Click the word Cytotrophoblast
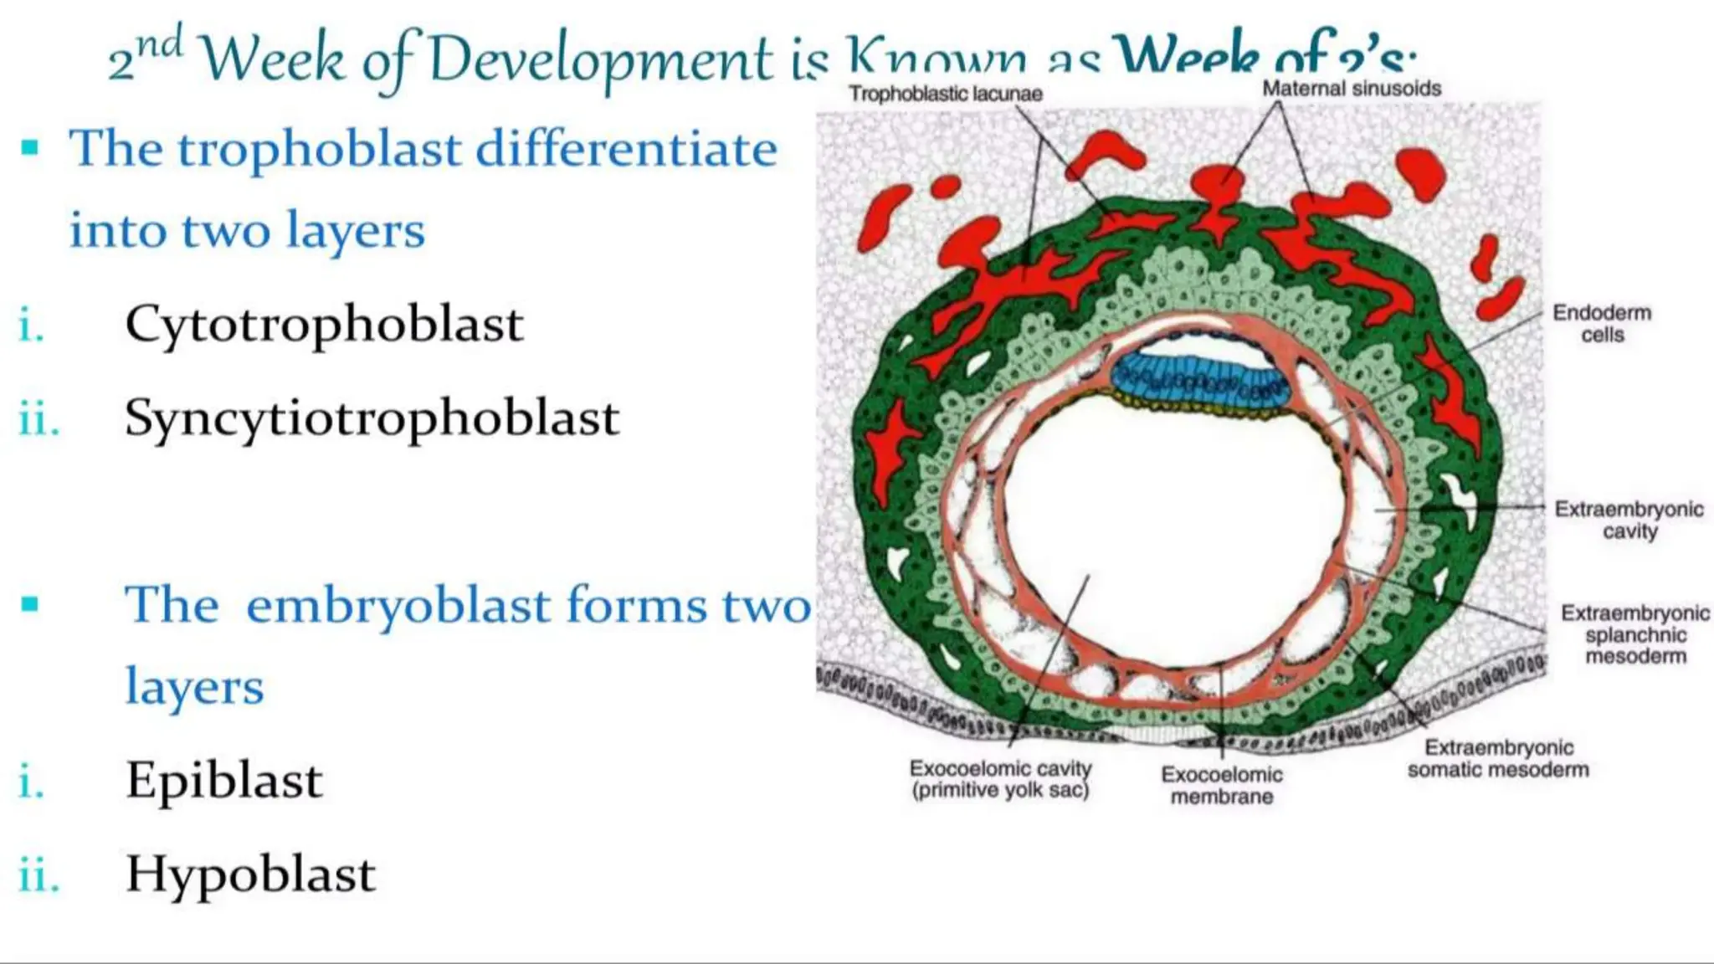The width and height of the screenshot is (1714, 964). (324, 325)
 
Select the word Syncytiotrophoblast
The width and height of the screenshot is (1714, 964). (372, 418)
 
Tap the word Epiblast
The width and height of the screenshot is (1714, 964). (223, 781)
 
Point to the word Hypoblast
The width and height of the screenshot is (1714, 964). (250, 874)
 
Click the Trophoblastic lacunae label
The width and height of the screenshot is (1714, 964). (945, 94)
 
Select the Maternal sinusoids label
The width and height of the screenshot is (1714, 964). (1351, 89)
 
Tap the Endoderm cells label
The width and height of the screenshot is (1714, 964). (1601, 324)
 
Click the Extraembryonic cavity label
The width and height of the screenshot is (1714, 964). (1629, 520)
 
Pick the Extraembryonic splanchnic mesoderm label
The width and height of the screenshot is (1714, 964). (1634, 634)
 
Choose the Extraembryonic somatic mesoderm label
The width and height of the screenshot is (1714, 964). (1497, 758)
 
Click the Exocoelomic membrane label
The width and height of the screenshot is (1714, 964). (1221, 785)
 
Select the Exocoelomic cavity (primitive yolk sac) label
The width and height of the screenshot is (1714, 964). (1000, 779)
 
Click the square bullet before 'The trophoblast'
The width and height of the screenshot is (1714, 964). (31, 149)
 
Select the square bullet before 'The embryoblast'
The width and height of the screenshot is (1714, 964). (31, 604)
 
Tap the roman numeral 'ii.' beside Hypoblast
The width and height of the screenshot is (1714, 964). (38, 876)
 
